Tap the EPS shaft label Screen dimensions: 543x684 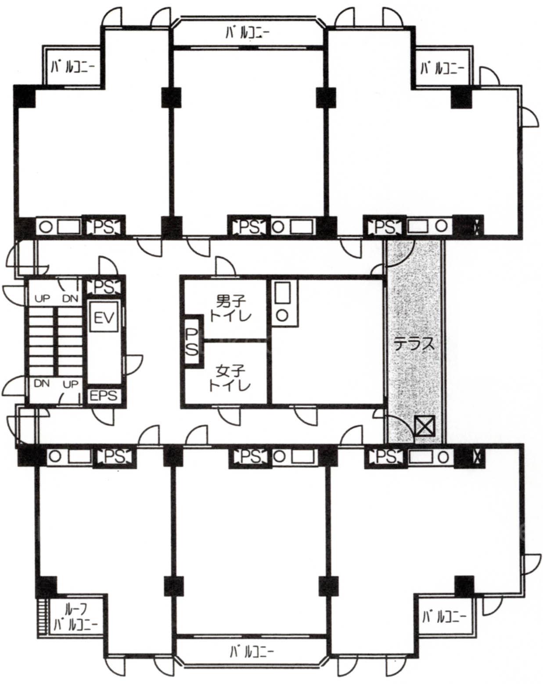point(104,396)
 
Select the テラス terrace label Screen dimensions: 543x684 point(414,344)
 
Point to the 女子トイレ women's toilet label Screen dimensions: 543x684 point(230,379)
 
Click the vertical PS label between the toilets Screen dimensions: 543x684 point(192,342)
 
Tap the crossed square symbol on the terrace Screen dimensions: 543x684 point(425,426)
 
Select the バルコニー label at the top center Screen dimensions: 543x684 point(248,33)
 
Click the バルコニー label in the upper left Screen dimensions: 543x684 point(73,68)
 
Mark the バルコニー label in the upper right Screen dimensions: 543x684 point(442,68)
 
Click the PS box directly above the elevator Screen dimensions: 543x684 point(104,286)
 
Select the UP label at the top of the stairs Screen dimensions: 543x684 point(42,298)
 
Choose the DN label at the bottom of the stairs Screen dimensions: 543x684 point(42,383)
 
